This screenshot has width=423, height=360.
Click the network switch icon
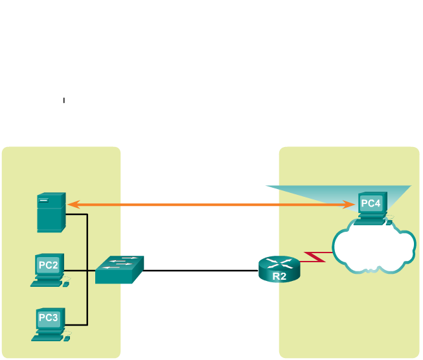pyautogui.click(x=119, y=269)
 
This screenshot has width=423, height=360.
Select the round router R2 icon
pyautogui.click(x=279, y=269)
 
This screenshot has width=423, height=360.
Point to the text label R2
pyautogui.click(x=279, y=276)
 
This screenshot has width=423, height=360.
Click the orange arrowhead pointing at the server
pyautogui.click(x=73, y=205)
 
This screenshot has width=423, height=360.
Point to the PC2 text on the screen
pyautogui.click(x=49, y=265)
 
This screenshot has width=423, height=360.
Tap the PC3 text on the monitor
pyautogui.click(x=49, y=318)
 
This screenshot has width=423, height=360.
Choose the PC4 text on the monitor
pyautogui.click(x=371, y=203)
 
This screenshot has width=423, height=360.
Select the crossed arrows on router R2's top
pyautogui.click(x=279, y=262)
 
